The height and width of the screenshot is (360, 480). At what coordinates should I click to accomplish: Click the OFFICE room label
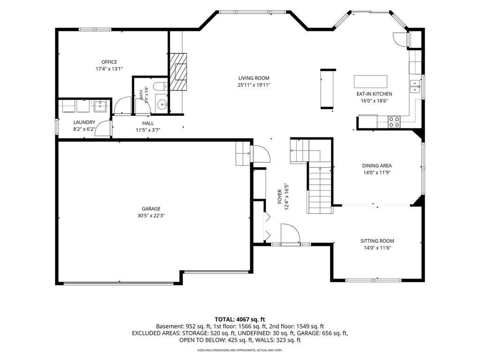tap(109, 62)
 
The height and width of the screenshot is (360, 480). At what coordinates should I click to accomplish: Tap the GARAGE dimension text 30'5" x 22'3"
tap(151, 216)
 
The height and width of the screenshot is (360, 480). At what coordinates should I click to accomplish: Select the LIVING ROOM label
tap(254, 78)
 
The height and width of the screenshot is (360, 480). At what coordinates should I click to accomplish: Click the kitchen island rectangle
tap(370, 82)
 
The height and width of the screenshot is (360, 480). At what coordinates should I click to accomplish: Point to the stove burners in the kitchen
tap(394, 122)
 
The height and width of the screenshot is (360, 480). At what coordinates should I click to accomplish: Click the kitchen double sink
tap(415, 86)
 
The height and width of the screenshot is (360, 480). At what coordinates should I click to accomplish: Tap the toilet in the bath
tap(159, 86)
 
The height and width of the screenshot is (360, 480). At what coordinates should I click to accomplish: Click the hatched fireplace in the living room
tap(179, 72)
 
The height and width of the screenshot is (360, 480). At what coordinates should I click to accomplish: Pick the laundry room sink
tap(100, 106)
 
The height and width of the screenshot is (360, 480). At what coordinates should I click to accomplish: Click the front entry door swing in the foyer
tap(290, 234)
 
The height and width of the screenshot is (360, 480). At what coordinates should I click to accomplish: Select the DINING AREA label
tap(377, 165)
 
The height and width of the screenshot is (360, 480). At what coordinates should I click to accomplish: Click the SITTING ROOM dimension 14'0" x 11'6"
tap(377, 248)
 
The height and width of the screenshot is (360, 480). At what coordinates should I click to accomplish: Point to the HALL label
tap(148, 123)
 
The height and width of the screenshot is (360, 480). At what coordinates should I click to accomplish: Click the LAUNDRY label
tap(84, 122)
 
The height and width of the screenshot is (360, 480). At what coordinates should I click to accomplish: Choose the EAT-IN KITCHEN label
tap(374, 94)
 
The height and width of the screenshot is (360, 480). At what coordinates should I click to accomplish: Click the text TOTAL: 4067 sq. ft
tap(240, 320)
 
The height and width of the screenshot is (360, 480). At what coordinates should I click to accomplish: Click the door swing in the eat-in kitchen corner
tap(400, 39)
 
